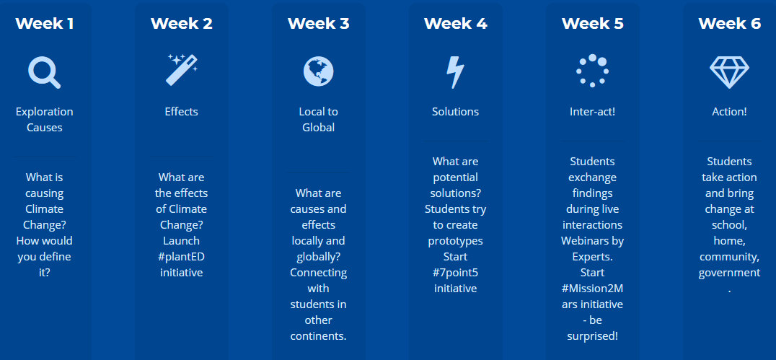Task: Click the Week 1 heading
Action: (x=45, y=23)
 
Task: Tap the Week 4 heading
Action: (x=455, y=23)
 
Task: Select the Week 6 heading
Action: (x=729, y=23)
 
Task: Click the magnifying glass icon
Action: (x=45, y=72)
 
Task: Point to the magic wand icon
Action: (x=182, y=70)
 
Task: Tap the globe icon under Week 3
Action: (x=318, y=71)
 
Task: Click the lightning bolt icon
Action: (x=455, y=72)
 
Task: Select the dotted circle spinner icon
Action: (x=592, y=71)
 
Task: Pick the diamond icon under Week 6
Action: (x=729, y=72)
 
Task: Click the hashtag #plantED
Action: (x=182, y=257)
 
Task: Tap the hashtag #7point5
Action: (x=455, y=273)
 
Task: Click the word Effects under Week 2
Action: (x=182, y=112)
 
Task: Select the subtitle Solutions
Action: (x=455, y=112)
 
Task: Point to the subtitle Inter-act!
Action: (x=592, y=112)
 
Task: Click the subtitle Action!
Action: (x=729, y=112)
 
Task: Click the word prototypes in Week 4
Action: (x=455, y=241)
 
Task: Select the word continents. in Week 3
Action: (x=318, y=335)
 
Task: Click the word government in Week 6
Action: (x=729, y=273)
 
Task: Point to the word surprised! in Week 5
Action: (x=592, y=336)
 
